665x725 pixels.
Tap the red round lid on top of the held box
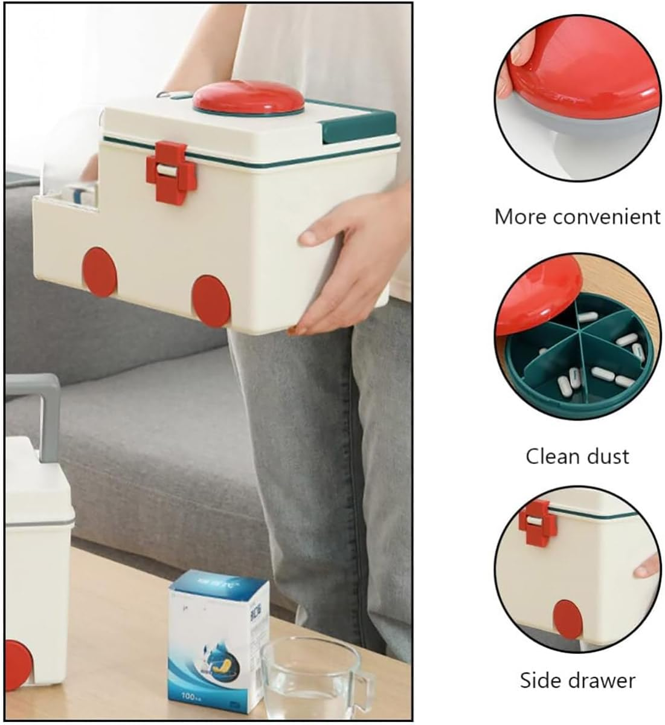(x=248, y=97)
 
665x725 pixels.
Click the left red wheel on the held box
(x=100, y=271)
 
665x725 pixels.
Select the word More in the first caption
(x=521, y=216)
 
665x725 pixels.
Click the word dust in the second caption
(x=607, y=456)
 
